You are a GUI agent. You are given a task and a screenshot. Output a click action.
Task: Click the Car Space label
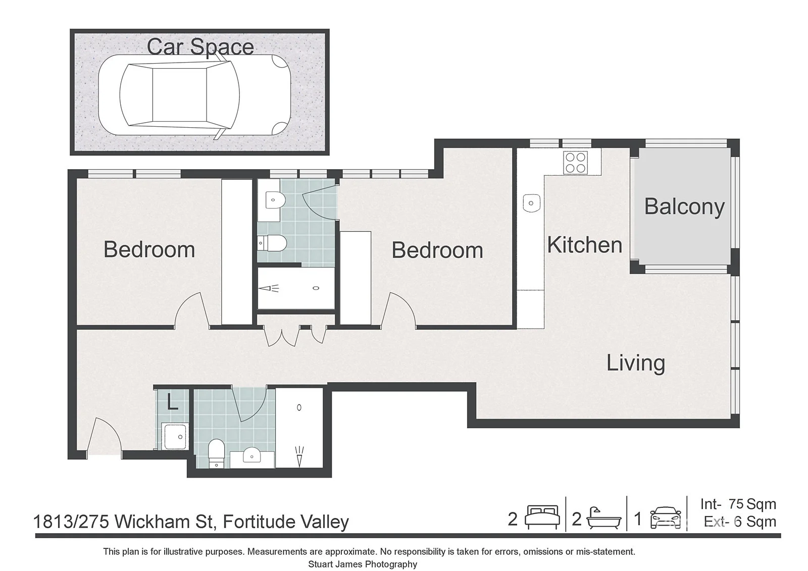[x=200, y=47]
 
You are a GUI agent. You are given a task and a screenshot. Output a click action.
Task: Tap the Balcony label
[x=684, y=206]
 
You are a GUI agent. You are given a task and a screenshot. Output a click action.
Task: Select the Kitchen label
[x=585, y=245]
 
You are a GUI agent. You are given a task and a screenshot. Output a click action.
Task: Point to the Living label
[x=636, y=362]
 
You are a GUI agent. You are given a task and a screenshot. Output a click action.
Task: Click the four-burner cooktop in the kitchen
[x=576, y=163]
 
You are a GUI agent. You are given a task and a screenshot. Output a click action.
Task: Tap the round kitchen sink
[x=531, y=203]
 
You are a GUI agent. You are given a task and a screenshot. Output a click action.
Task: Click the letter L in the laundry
[x=172, y=401]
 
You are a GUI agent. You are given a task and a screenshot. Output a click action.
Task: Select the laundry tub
[x=175, y=437]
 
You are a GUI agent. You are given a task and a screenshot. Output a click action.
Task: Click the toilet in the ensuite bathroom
[x=272, y=243]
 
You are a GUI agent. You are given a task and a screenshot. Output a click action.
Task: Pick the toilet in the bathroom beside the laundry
[x=217, y=453]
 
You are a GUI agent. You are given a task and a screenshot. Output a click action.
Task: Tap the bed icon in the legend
[x=542, y=517]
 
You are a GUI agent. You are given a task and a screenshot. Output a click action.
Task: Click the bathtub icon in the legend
[x=604, y=518]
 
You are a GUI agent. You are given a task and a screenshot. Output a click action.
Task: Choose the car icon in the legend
[x=666, y=518]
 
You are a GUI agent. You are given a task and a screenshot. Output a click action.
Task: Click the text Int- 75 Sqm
[x=738, y=504]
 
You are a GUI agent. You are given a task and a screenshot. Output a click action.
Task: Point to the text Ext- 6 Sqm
[x=740, y=522]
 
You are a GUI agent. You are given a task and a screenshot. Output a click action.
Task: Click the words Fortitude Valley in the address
[x=286, y=522]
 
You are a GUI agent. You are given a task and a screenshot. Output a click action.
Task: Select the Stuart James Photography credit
[x=363, y=564]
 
